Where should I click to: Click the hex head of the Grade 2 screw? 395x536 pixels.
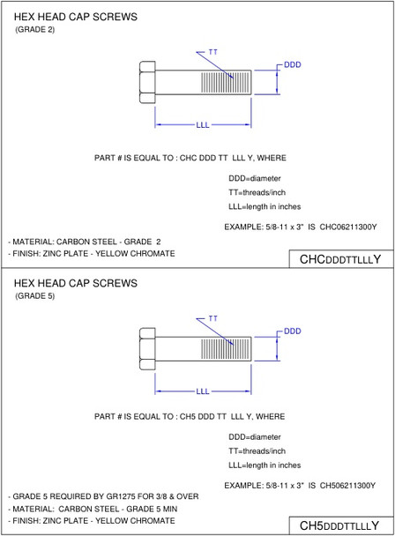(147, 82)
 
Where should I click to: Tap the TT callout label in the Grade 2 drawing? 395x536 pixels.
(213, 53)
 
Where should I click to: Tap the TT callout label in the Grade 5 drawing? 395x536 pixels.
(213, 317)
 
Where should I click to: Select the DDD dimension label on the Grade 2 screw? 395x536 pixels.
(293, 65)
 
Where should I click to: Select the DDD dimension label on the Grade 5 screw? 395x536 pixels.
(293, 331)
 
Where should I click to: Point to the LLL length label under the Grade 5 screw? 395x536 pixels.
(203, 391)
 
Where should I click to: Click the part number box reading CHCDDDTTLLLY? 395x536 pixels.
(340, 260)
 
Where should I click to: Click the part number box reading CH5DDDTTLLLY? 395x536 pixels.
(340, 526)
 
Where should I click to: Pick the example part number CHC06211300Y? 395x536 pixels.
(348, 227)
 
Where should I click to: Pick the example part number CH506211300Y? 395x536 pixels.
(348, 485)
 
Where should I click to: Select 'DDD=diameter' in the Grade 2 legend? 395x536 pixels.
(255, 178)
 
